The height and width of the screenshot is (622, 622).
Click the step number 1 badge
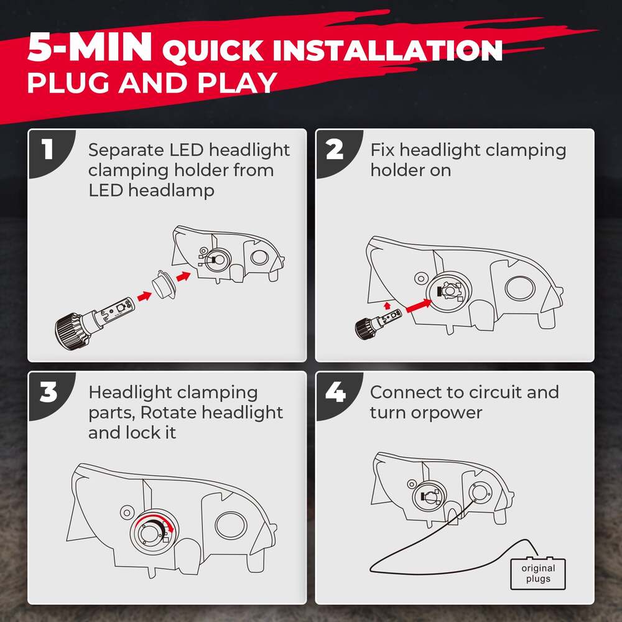47,151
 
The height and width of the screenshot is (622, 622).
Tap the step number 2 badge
335,151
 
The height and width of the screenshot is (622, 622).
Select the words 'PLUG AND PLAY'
152,82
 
